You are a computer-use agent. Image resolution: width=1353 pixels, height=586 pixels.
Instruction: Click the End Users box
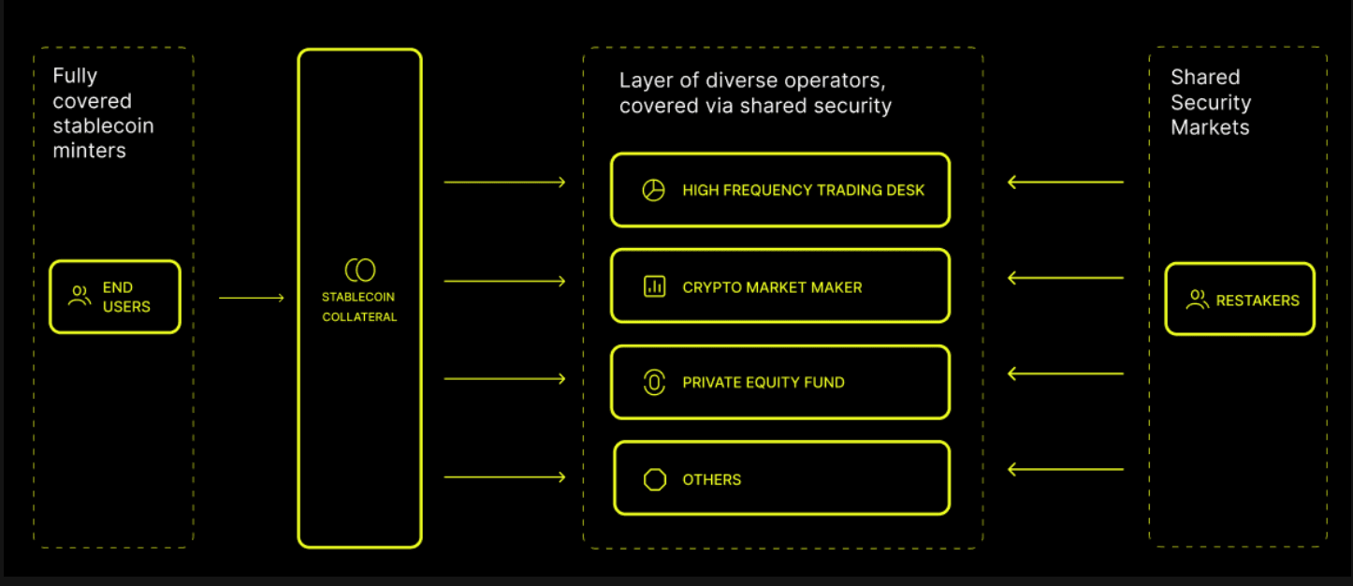point(114,297)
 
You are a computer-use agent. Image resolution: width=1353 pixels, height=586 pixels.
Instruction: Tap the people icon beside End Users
point(80,297)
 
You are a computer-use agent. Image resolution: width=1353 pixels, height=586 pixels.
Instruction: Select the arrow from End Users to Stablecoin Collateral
point(251,298)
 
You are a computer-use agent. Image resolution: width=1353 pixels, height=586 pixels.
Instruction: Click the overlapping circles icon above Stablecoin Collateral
point(359,271)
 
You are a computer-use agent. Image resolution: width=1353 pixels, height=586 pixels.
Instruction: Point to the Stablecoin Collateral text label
point(359,307)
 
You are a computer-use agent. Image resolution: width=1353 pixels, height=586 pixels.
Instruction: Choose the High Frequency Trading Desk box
point(779,190)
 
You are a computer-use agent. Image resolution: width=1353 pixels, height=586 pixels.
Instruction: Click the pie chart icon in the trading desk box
point(653,190)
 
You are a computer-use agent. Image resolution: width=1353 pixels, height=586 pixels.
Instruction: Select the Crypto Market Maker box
point(779,286)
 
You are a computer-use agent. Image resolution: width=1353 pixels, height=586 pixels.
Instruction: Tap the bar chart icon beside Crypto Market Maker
point(654,286)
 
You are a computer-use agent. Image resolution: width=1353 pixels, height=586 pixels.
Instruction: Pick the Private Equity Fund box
point(779,382)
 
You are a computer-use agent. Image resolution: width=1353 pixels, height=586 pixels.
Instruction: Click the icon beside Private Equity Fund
point(654,382)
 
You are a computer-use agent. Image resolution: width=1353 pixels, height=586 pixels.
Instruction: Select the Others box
point(781,478)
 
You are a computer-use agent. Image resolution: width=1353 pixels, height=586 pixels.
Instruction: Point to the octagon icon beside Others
point(655,479)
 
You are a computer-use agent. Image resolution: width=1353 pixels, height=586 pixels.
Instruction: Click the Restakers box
point(1239,300)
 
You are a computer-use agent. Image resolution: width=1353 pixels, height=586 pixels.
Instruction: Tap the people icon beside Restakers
point(1197,300)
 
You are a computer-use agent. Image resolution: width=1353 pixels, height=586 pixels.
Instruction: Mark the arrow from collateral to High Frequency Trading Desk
point(504,182)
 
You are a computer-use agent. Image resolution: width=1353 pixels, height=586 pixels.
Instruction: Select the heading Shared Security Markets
point(1211,102)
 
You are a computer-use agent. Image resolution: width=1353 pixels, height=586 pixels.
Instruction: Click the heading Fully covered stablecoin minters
point(103,113)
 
